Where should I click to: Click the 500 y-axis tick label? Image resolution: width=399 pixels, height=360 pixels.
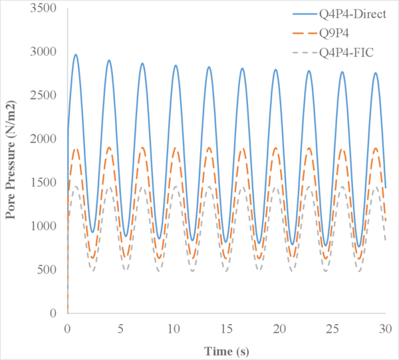tap(49, 270)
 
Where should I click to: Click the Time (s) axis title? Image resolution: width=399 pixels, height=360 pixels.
tap(226, 349)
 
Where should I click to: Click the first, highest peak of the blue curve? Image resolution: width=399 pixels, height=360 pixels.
tap(76, 55)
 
